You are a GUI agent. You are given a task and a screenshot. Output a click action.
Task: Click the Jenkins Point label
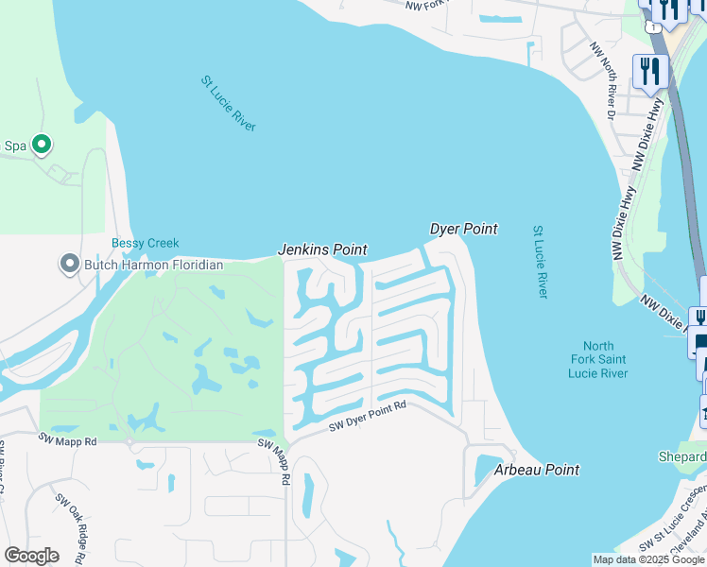tap(321, 249)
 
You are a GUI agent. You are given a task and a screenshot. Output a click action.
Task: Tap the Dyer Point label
tap(463, 229)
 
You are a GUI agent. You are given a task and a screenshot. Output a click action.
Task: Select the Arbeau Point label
tap(537, 470)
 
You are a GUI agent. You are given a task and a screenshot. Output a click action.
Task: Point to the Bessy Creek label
tap(145, 244)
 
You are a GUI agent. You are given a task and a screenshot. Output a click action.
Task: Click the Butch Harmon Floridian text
tap(154, 265)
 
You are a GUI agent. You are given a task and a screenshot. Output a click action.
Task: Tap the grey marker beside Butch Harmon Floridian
tap(69, 264)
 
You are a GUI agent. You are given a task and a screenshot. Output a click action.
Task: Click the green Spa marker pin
tap(41, 145)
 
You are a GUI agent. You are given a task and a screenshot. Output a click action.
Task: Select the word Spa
tap(15, 146)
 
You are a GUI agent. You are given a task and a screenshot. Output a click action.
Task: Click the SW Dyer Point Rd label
tap(367, 417)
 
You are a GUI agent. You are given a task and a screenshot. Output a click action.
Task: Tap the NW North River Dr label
tap(601, 81)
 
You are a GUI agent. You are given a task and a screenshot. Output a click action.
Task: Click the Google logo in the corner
tap(31, 556)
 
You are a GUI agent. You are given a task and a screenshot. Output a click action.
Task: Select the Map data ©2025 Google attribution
tap(648, 559)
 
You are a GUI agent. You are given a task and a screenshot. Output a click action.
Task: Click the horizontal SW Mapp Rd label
tap(67, 440)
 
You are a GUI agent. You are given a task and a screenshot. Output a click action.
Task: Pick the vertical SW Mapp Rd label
tap(284, 462)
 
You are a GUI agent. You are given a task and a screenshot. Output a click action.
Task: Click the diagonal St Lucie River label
tap(229, 104)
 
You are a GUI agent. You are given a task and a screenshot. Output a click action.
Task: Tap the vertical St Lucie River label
tap(540, 262)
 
